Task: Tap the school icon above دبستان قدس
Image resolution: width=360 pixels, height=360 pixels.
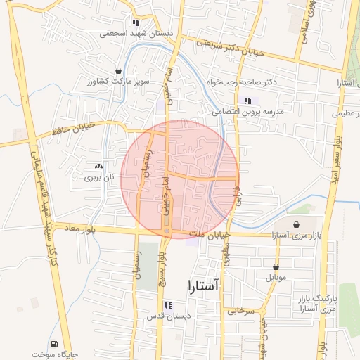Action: tap(167, 305)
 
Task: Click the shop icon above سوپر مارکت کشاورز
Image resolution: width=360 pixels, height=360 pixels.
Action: tap(117, 70)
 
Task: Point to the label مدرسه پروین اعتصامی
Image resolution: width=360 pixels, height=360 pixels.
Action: tap(247, 112)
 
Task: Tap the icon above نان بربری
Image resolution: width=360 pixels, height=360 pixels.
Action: tap(98, 167)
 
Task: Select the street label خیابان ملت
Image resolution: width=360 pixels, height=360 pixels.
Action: tap(210, 234)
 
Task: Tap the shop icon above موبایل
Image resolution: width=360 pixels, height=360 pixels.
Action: tap(276, 266)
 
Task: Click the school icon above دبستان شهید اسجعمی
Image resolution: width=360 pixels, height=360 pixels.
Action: tap(135, 22)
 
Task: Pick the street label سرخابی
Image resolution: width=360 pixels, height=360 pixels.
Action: tap(239, 310)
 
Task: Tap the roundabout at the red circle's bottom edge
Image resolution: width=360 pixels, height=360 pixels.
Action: tap(167, 231)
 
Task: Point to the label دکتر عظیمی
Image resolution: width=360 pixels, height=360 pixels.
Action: tap(346, 112)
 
